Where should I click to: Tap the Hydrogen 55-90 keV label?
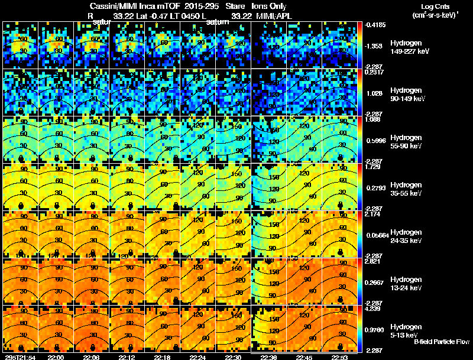tap(406, 142)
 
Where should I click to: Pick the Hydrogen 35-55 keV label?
tap(406, 189)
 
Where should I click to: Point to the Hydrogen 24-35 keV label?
tap(406, 236)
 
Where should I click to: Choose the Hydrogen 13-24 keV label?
tap(406, 284)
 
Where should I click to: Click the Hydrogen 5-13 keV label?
tap(406, 330)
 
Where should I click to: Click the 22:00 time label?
tap(56, 357)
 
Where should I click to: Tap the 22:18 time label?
tap(163, 357)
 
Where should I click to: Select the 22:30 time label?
tap(234, 357)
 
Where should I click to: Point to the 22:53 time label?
tap(340, 357)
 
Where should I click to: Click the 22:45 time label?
tap(305, 357)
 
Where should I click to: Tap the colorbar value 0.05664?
tap(376, 235)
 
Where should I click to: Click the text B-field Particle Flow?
tap(442, 342)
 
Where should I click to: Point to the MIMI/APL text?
tap(275, 16)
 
